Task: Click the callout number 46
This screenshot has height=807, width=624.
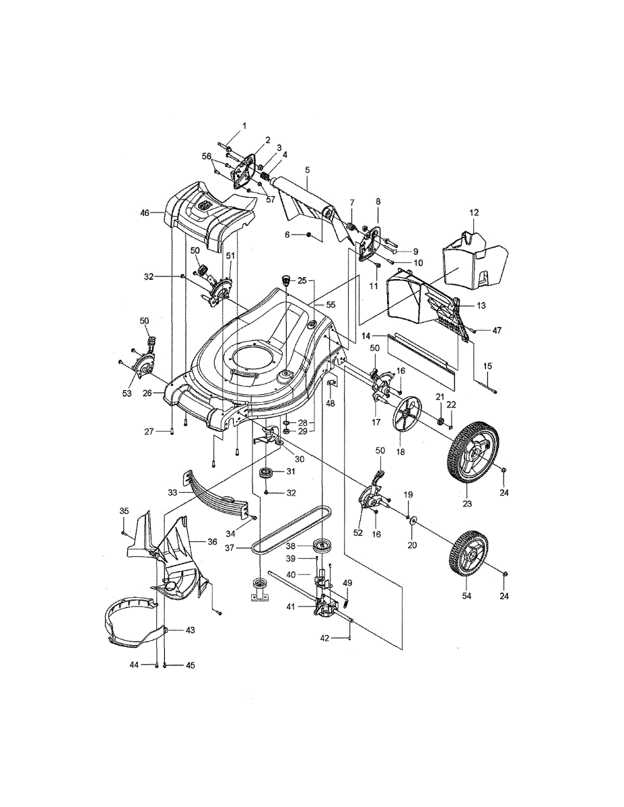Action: [144, 213]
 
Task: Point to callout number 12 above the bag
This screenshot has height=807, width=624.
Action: [473, 213]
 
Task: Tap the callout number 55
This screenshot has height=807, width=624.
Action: [330, 304]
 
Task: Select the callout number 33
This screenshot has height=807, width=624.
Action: [172, 493]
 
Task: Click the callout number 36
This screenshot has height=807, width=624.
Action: [212, 541]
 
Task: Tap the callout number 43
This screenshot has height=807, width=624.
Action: [190, 630]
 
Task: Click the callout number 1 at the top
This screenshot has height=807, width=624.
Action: [244, 125]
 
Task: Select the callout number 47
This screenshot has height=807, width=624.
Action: [497, 331]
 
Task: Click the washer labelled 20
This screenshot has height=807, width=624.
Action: [412, 522]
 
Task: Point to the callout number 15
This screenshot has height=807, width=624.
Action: [487, 365]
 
